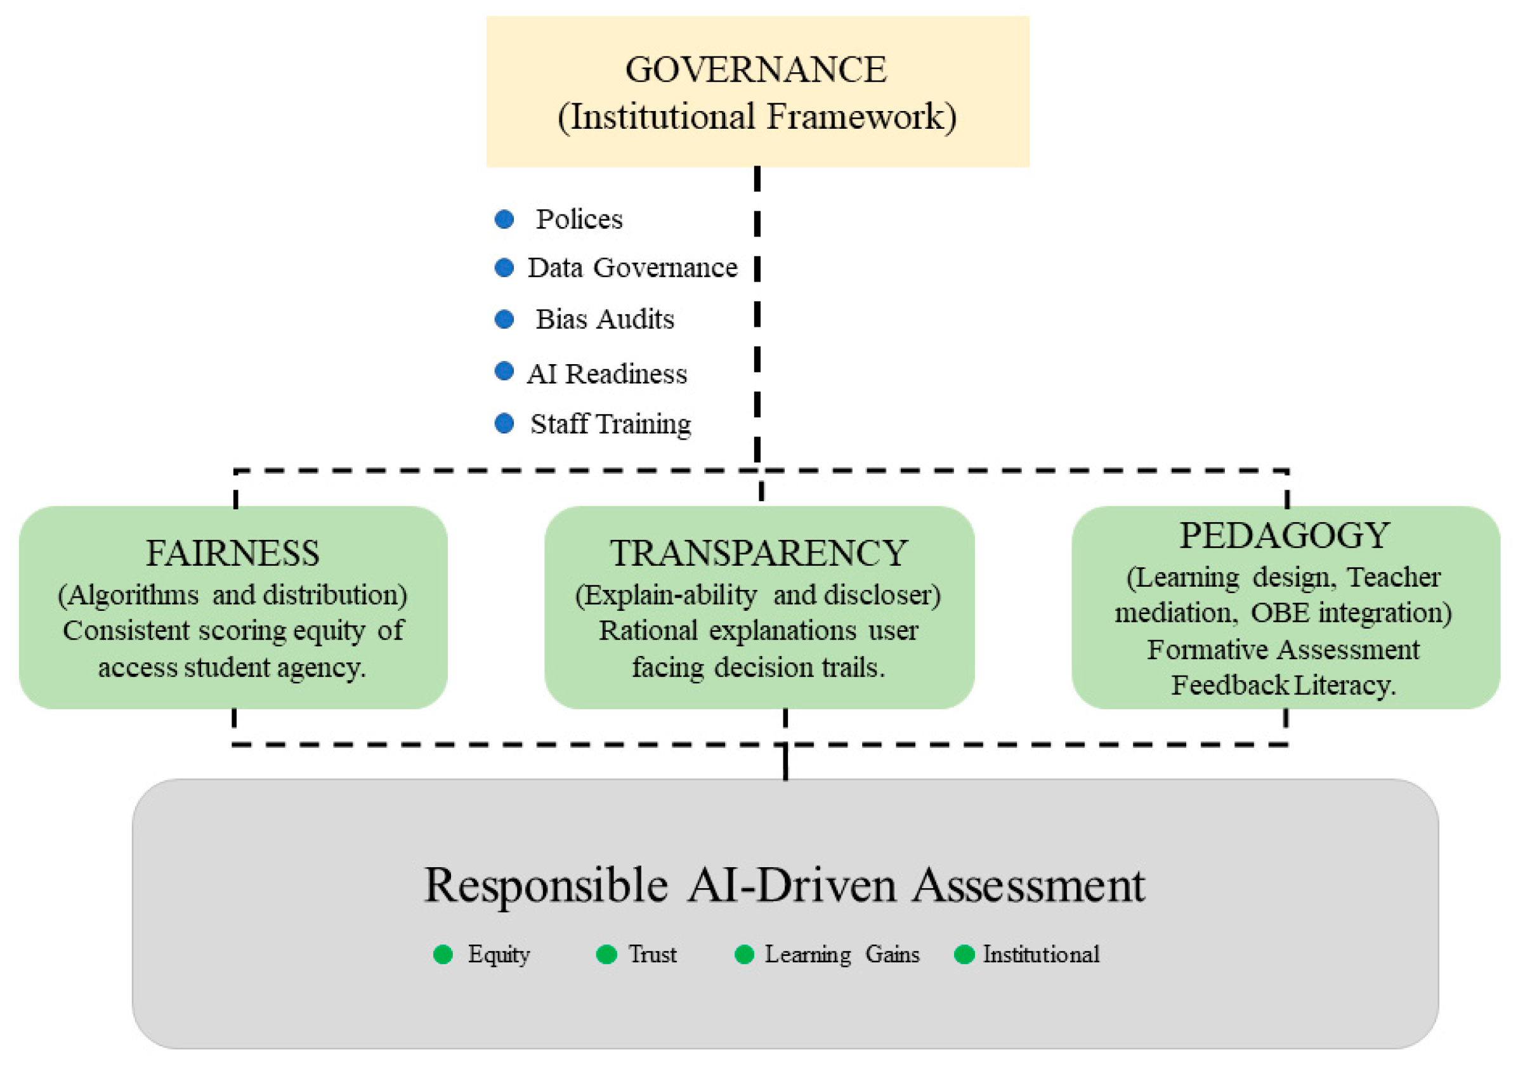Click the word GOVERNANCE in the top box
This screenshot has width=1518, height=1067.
[756, 69]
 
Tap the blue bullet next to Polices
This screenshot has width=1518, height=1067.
[504, 219]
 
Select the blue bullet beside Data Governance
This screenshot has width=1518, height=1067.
[504, 268]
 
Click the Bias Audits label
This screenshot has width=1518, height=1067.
[605, 319]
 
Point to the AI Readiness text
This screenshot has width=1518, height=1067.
[607, 374]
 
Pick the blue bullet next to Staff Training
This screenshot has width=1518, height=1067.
[504, 423]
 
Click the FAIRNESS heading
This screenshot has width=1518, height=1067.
[233, 553]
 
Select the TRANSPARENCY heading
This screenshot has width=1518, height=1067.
[758, 553]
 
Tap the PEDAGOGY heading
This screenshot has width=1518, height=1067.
[1284, 535]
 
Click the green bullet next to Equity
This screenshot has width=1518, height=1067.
[443, 955]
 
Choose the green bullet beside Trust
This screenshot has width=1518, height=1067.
[606, 955]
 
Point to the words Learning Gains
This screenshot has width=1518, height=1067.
[842, 955]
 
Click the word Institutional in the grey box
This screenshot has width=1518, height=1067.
[1042, 955]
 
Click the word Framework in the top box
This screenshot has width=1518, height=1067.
[861, 117]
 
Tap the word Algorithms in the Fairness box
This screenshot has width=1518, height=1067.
[132, 595]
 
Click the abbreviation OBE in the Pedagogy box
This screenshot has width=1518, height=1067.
[1280, 613]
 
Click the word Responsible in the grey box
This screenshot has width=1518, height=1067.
[546, 885]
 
